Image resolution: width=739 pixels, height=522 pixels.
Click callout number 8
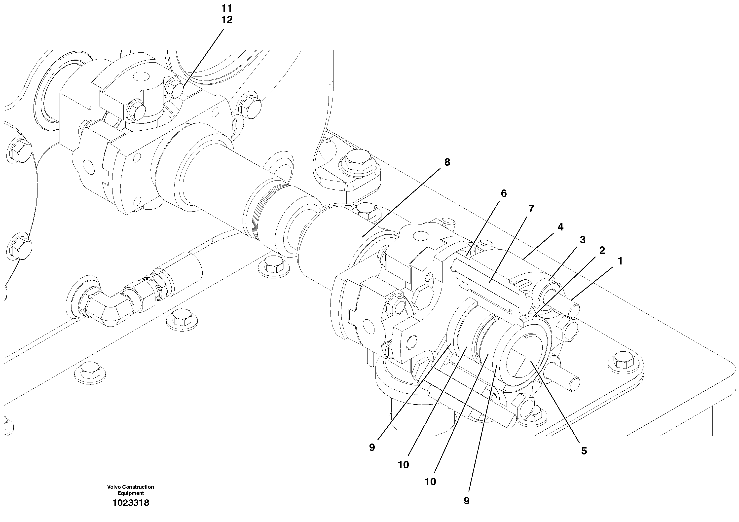tap(447, 162)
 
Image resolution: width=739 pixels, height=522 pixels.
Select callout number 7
tap(531, 209)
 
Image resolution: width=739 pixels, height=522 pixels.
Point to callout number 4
tap(560, 227)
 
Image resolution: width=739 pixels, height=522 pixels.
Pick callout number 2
tap(602, 250)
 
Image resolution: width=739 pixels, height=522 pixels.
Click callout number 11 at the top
tap(227, 8)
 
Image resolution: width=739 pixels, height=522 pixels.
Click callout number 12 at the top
tap(227, 20)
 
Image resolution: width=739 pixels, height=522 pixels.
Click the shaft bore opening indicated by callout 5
tap(525, 357)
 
